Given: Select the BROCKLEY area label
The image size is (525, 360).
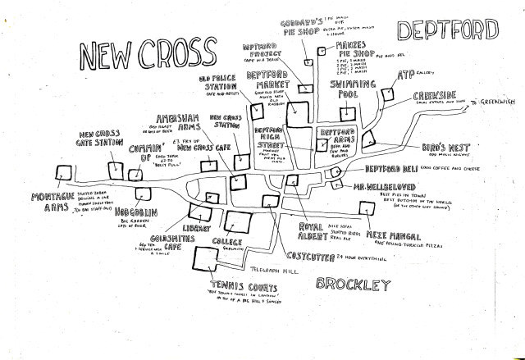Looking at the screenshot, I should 351,285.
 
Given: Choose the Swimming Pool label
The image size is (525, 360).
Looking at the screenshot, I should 353,89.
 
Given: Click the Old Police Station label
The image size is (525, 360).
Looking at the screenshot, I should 216,84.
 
